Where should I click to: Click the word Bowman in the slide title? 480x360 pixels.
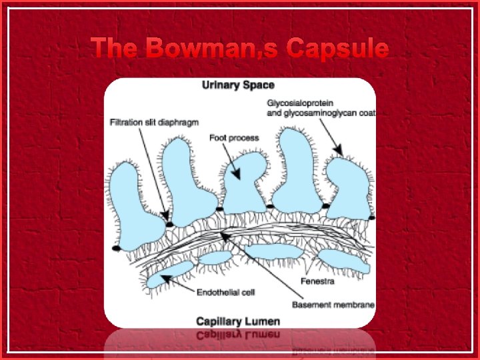pyautogui.click(x=215, y=48)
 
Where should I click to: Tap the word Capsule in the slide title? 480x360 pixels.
pyautogui.click(x=337, y=48)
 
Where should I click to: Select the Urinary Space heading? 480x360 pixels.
pyautogui.click(x=238, y=85)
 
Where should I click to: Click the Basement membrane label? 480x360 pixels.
pyautogui.click(x=333, y=305)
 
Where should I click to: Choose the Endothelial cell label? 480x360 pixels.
pyautogui.click(x=226, y=292)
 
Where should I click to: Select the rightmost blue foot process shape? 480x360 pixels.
pyautogui.click(x=349, y=190)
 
